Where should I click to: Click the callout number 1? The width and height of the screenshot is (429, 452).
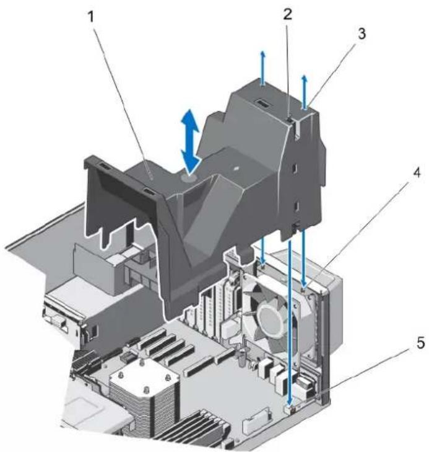pos(92,17)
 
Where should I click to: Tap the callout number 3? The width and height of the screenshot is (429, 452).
pos(362,33)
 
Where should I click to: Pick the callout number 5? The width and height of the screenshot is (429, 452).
pos(420,343)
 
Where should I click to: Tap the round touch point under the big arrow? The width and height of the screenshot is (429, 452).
pos(188,179)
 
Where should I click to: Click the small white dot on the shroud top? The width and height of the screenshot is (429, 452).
pos(235,167)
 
